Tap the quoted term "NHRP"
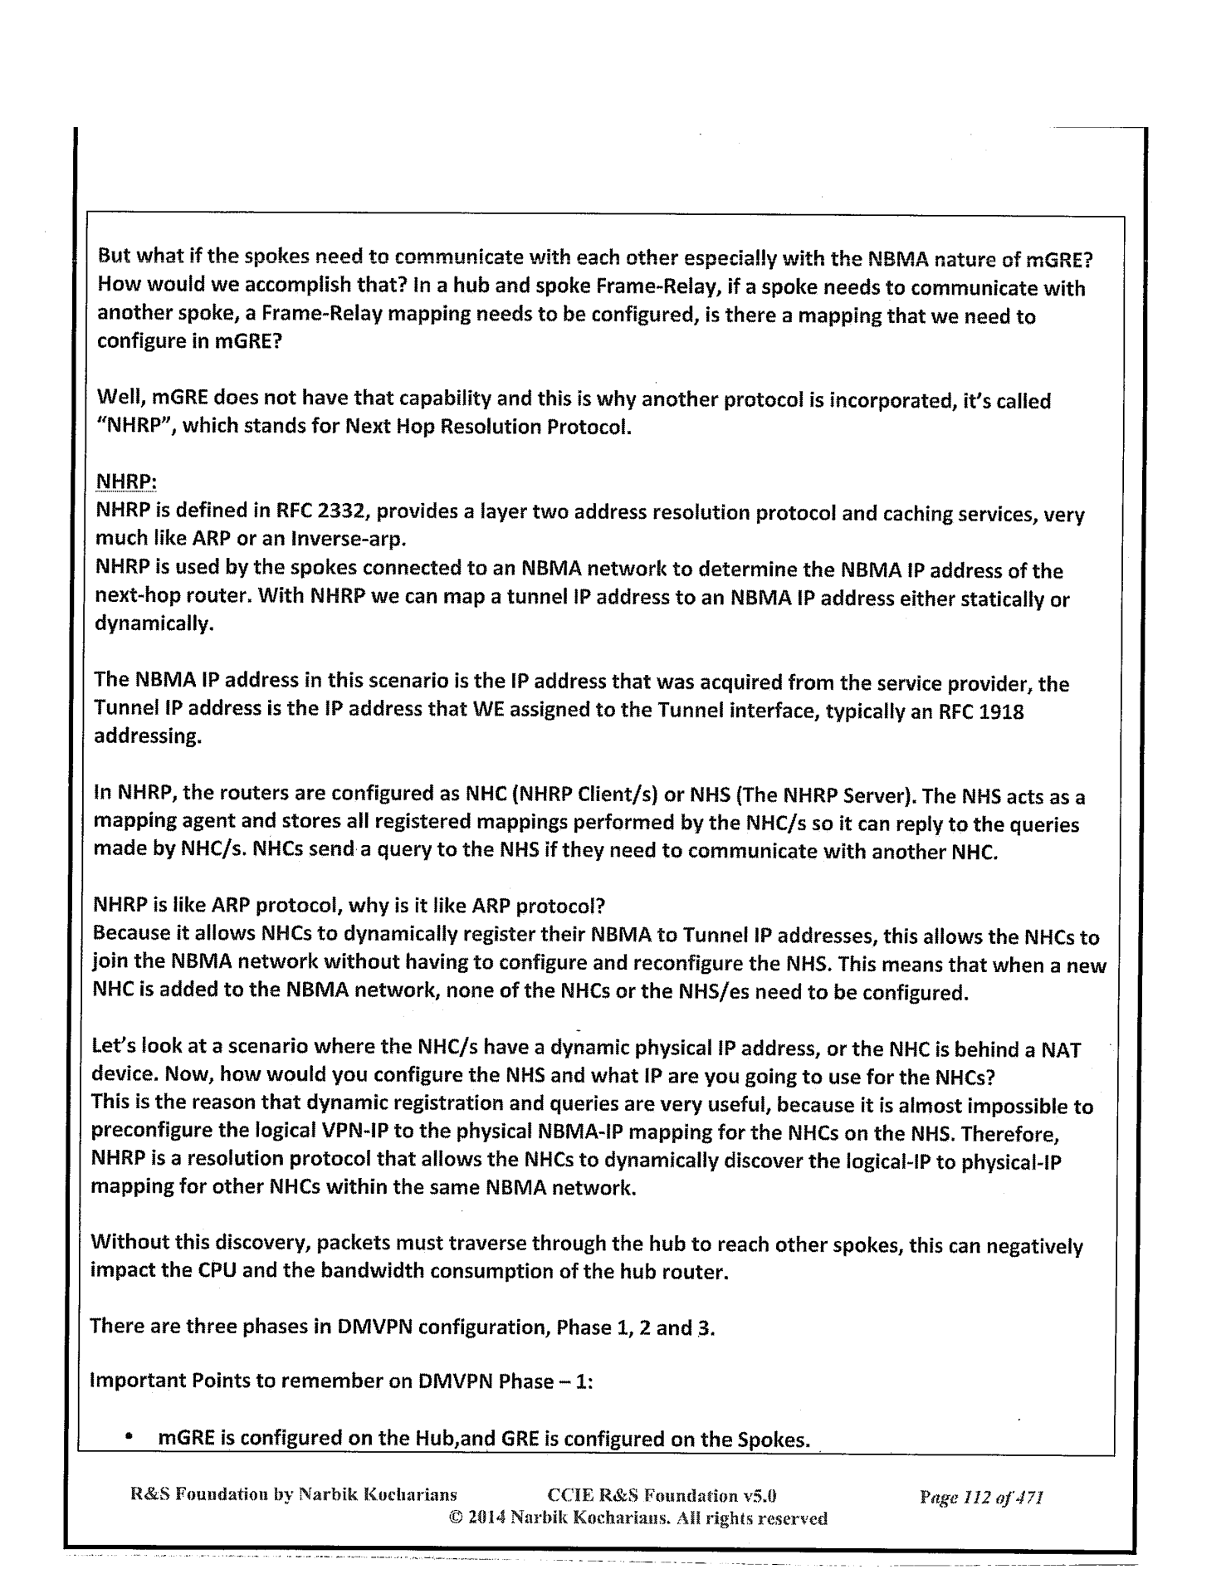[x=132, y=428]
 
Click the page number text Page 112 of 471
[x=980, y=1497]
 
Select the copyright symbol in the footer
[x=455, y=1518]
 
